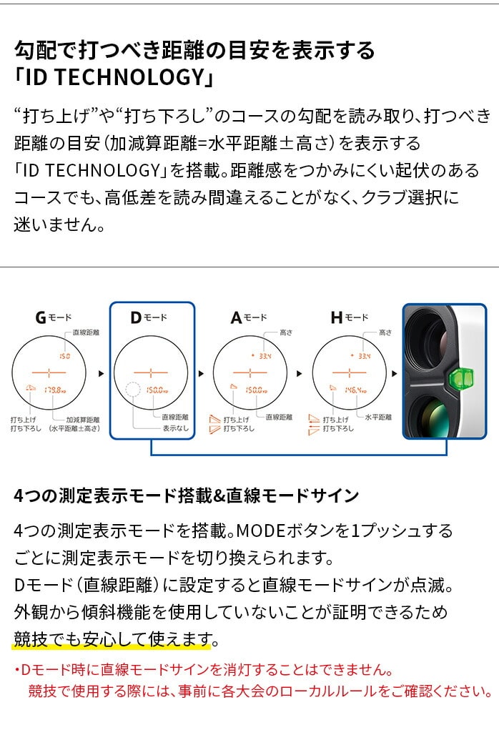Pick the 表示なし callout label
[x=174, y=428]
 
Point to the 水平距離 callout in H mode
[x=379, y=417]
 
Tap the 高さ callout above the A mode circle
[x=286, y=333]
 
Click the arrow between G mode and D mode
[x=101, y=373]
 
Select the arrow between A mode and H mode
[x=299, y=373]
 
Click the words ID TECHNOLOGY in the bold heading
[x=114, y=77]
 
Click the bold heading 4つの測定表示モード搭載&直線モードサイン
[x=186, y=495]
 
